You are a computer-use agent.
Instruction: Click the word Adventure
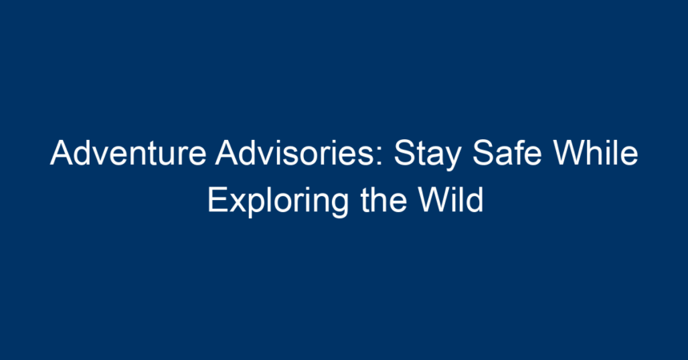point(128,153)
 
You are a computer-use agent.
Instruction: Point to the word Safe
point(506,153)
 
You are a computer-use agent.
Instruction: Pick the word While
point(595,153)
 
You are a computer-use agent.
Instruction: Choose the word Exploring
point(278,202)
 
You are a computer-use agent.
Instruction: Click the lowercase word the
point(383,200)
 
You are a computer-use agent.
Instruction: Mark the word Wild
point(450,200)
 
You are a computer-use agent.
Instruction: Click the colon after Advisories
point(381,157)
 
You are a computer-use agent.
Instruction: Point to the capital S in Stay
point(404,153)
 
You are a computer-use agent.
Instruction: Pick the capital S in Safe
point(482,153)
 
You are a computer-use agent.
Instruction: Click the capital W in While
point(569,153)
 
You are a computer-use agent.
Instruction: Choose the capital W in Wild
point(434,200)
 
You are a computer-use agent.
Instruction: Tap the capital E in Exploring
point(217,200)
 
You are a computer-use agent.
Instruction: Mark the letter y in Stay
point(453,160)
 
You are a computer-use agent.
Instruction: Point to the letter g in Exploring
point(340,206)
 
